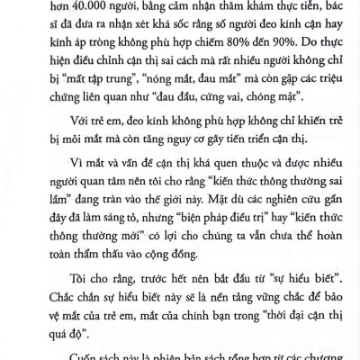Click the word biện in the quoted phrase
click(x=205, y=229)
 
